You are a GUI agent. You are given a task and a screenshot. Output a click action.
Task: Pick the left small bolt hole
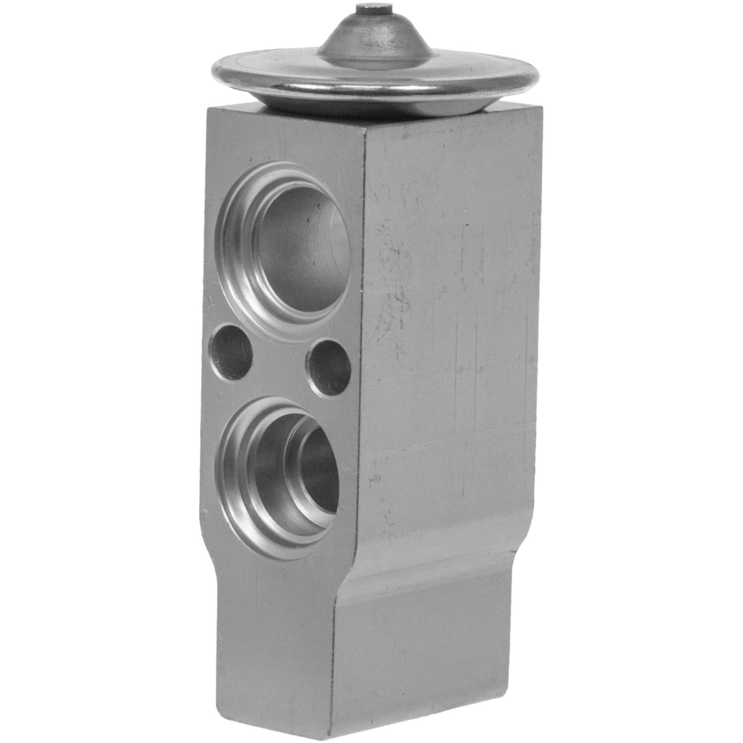tap(232, 352)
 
